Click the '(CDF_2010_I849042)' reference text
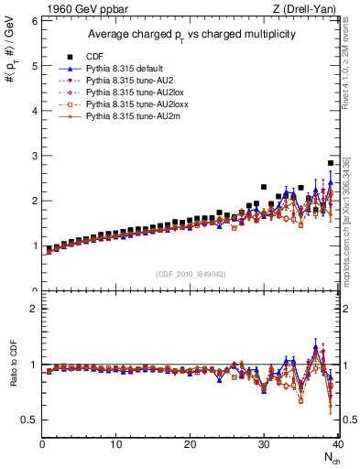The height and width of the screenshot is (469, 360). [x=191, y=275]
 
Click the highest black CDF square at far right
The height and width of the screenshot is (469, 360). [x=331, y=163]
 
